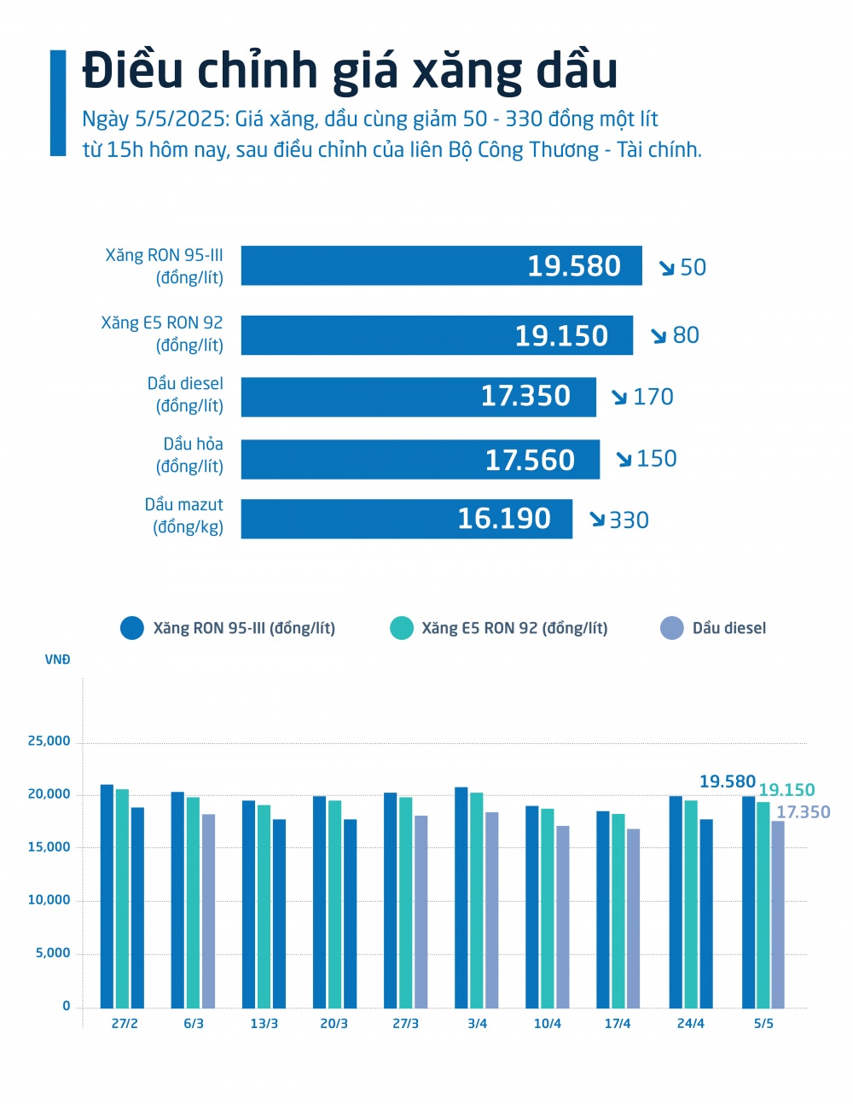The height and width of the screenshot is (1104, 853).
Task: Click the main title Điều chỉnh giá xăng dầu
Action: pyautogui.click(x=350, y=70)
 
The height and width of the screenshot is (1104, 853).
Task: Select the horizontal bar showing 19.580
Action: pyautogui.click(x=441, y=265)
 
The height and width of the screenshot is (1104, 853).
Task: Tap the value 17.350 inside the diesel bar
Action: pyautogui.click(x=525, y=396)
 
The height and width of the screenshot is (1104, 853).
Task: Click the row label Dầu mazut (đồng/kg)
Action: pyautogui.click(x=184, y=515)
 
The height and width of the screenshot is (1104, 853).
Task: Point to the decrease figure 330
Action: pyautogui.click(x=629, y=520)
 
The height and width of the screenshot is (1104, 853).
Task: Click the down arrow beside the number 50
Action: pyautogui.click(x=667, y=268)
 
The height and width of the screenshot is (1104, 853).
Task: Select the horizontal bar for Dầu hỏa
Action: pyautogui.click(x=420, y=459)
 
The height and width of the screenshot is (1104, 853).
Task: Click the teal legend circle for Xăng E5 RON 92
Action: pyautogui.click(x=401, y=628)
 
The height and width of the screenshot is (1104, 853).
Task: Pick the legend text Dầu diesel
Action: pyautogui.click(x=729, y=628)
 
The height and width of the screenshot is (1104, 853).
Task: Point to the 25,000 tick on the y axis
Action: pyautogui.click(x=49, y=741)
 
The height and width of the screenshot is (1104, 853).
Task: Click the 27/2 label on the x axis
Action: pyautogui.click(x=125, y=1023)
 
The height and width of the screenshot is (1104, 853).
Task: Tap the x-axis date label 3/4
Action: pyautogui.click(x=478, y=1023)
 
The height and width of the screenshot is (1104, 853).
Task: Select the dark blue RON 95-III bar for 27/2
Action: pyautogui.click(x=107, y=896)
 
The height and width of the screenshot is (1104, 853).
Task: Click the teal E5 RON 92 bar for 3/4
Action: pyautogui.click(x=476, y=900)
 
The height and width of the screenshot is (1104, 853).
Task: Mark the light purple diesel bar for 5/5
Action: pyautogui.click(x=778, y=914)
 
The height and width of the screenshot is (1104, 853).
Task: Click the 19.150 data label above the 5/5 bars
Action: pyautogui.click(x=786, y=790)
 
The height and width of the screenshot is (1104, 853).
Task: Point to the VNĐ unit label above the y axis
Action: pyautogui.click(x=58, y=659)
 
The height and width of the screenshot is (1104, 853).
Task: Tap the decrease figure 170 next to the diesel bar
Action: pyautogui.click(x=653, y=397)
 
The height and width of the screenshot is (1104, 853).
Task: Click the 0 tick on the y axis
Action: pyautogui.click(x=67, y=1006)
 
